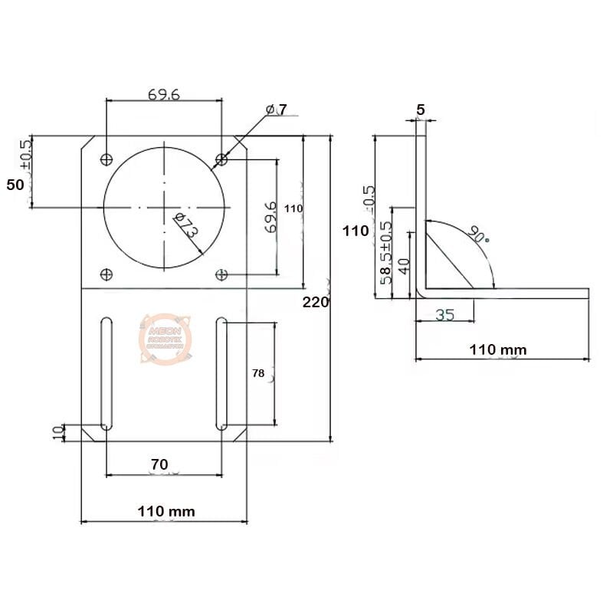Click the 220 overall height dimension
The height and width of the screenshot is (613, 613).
315,302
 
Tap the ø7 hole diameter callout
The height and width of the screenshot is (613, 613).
277,110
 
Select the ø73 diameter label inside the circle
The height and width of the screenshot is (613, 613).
187,228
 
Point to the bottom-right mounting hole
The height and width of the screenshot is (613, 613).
221,274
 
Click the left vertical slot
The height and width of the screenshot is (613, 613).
106,372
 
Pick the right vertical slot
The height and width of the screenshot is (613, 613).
221,372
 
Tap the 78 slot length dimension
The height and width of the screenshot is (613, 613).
258,373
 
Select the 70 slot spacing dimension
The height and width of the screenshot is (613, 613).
159,464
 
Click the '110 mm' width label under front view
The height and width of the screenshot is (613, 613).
166,510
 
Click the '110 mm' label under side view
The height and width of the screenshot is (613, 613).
497,349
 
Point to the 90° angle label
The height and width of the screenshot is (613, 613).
478,234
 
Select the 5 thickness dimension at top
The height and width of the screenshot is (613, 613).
420,110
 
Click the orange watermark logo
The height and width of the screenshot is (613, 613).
162,337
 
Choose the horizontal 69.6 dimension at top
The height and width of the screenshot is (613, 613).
164,94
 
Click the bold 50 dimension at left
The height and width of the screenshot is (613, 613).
15,184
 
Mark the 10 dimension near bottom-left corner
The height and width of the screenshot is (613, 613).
57,432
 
